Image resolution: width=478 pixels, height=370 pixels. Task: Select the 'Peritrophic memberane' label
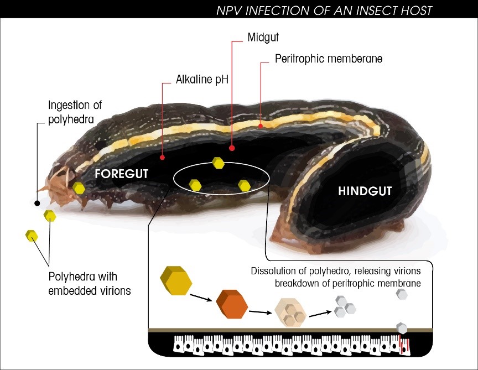pos(329,58)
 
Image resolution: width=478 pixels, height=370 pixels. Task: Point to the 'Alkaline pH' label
pos(202,80)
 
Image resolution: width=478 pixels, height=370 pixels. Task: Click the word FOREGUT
pos(122,173)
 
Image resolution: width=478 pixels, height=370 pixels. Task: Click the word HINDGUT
pos(365,191)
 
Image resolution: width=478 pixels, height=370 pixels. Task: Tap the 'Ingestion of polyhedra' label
pos(75,111)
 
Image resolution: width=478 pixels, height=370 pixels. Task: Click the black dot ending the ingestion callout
pos(37,203)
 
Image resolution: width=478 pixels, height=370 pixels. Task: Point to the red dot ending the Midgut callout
pos(232,148)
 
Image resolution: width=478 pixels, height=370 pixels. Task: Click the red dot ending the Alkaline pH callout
pos(162,158)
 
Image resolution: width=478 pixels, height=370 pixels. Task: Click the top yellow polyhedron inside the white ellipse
pos(219,163)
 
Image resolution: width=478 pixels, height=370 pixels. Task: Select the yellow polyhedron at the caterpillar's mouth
pos(79,188)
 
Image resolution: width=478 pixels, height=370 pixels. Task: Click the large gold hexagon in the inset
pos(176,282)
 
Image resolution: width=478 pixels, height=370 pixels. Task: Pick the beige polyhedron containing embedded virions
pos(290,314)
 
